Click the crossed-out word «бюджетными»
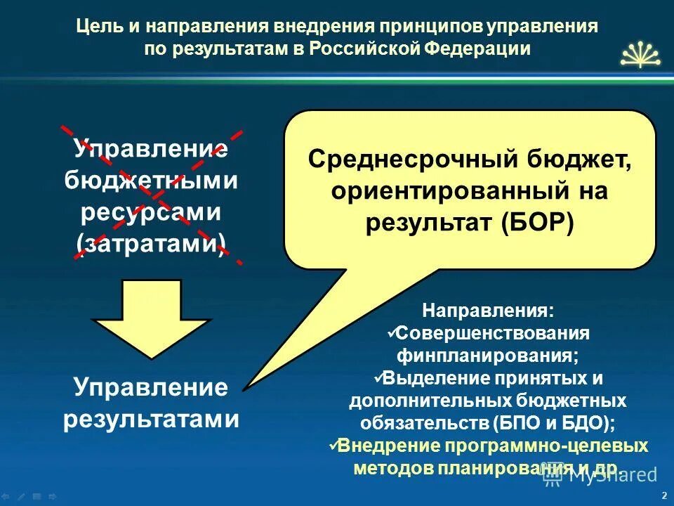point(151,181)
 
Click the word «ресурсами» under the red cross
point(151,212)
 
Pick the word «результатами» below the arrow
point(151,420)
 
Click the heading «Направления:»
point(487,310)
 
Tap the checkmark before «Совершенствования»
point(393,330)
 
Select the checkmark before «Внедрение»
point(333,444)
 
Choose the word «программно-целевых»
point(541,446)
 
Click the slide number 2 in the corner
point(663,495)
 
